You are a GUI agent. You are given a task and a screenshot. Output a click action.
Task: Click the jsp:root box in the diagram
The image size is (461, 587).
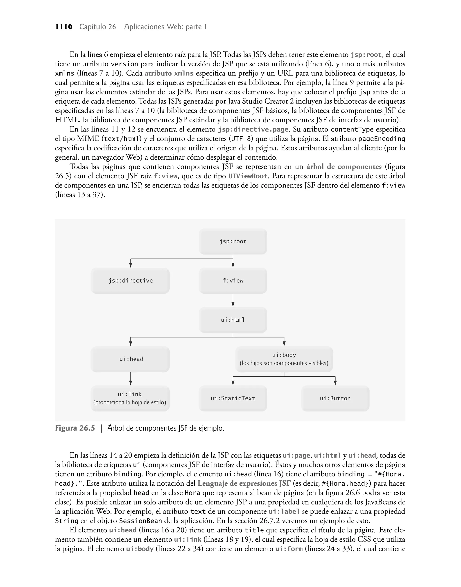[x=233, y=241]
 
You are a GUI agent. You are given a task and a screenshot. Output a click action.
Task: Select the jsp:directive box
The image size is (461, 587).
[x=130, y=281]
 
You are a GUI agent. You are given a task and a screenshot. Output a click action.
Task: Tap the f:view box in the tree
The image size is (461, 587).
[x=233, y=281]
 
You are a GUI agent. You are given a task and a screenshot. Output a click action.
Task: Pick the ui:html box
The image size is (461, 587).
[x=233, y=320]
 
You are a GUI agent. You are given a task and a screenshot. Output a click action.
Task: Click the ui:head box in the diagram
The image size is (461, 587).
[x=130, y=359]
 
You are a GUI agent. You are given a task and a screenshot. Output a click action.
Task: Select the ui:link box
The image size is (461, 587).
[x=130, y=398]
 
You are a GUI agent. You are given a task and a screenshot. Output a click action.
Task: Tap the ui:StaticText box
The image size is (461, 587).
[x=233, y=398]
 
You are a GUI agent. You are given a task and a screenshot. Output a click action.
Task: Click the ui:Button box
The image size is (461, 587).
[x=335, y=398]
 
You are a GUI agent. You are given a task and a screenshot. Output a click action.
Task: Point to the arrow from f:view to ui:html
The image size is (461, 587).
[x=233, y=300]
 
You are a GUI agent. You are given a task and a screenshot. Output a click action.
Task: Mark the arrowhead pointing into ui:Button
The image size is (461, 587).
[x=335, y=383]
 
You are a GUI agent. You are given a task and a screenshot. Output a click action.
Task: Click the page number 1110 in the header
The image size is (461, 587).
[x=64, y=27]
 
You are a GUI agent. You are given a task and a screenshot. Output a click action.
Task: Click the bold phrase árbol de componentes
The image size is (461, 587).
[x=344, y=167]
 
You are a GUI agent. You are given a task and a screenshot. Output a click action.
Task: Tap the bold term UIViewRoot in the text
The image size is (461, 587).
[x=248, y=176]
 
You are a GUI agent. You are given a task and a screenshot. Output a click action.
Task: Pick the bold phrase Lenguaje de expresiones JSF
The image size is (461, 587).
[x=244, y=483]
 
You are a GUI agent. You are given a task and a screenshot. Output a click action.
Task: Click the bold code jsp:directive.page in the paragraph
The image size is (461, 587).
[x=253, y=130]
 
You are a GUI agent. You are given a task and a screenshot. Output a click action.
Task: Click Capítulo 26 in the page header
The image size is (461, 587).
[x=97, y=27]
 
